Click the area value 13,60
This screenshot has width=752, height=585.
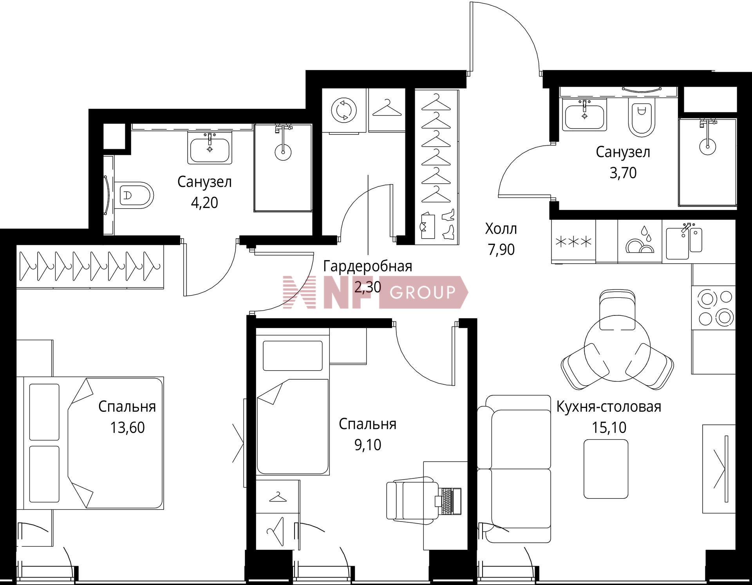pyautogui.click(x=127, y=427)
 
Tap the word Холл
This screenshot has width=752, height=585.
pyautogui.click(x=501, y=229)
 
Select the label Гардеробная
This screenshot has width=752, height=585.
pyautogui.click(x=368, y=266)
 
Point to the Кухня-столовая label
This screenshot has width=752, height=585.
pyautogui.click(x=609, y=407)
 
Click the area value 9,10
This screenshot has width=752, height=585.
pyautogui.click(x=368, y=445)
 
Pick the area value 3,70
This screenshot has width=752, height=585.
pyautogui.click(x=623, y=173)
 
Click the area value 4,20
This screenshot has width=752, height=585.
pyautogui.click(x=204, y=203)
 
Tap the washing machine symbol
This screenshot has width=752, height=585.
pyautogui.click(x=344, y=110)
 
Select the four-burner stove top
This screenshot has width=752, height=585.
pyautogui.click(x=713, y=308)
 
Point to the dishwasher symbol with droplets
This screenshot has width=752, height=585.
pyautogui.click(x=640, y=240)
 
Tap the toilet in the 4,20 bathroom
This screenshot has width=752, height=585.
pyautogui.click(x=135, y=195)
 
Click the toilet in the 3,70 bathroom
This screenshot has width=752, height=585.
pyautogui.click(x=641, y=117)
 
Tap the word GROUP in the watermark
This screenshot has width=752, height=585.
pyautogui.click(x=423, y=292)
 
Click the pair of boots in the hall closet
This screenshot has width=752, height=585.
pyautogui.click(x=448, y=224)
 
